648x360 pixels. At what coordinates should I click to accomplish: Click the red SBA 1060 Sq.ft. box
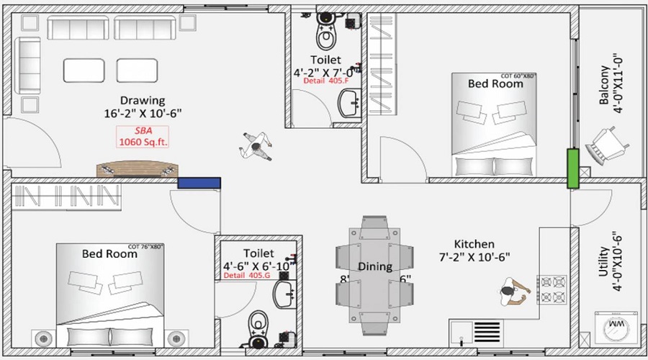pyautogui.click(x=143, y=136)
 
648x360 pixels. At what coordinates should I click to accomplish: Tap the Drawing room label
pyautogui.click(x=143, y=100)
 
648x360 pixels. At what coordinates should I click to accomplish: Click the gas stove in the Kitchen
pyautogui.click(x=553, y=289)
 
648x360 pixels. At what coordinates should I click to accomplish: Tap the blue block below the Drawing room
pyautogui.click(x=199, y=184)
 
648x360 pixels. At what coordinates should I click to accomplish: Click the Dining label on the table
pyautogui.click(x=374, y=266)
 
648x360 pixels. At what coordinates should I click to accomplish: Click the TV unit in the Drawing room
pyautogui.click(x=137, y=168)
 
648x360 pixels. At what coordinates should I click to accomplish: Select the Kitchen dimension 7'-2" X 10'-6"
pyautogui.click(x=474, y=257)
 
